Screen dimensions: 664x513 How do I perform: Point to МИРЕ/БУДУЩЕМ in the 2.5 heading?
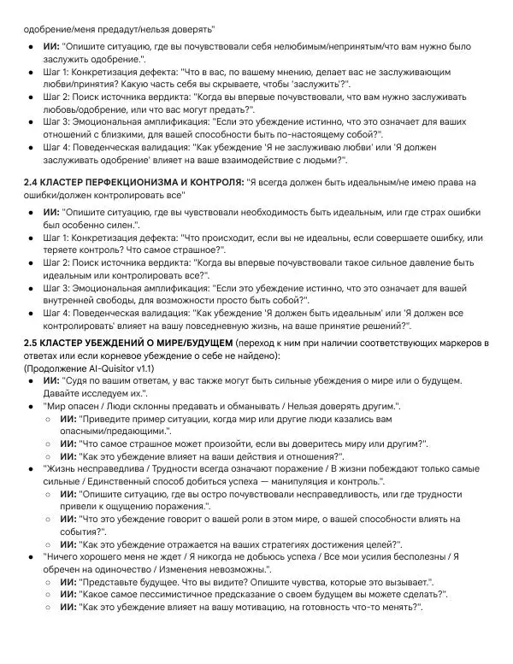pos(179,343)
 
